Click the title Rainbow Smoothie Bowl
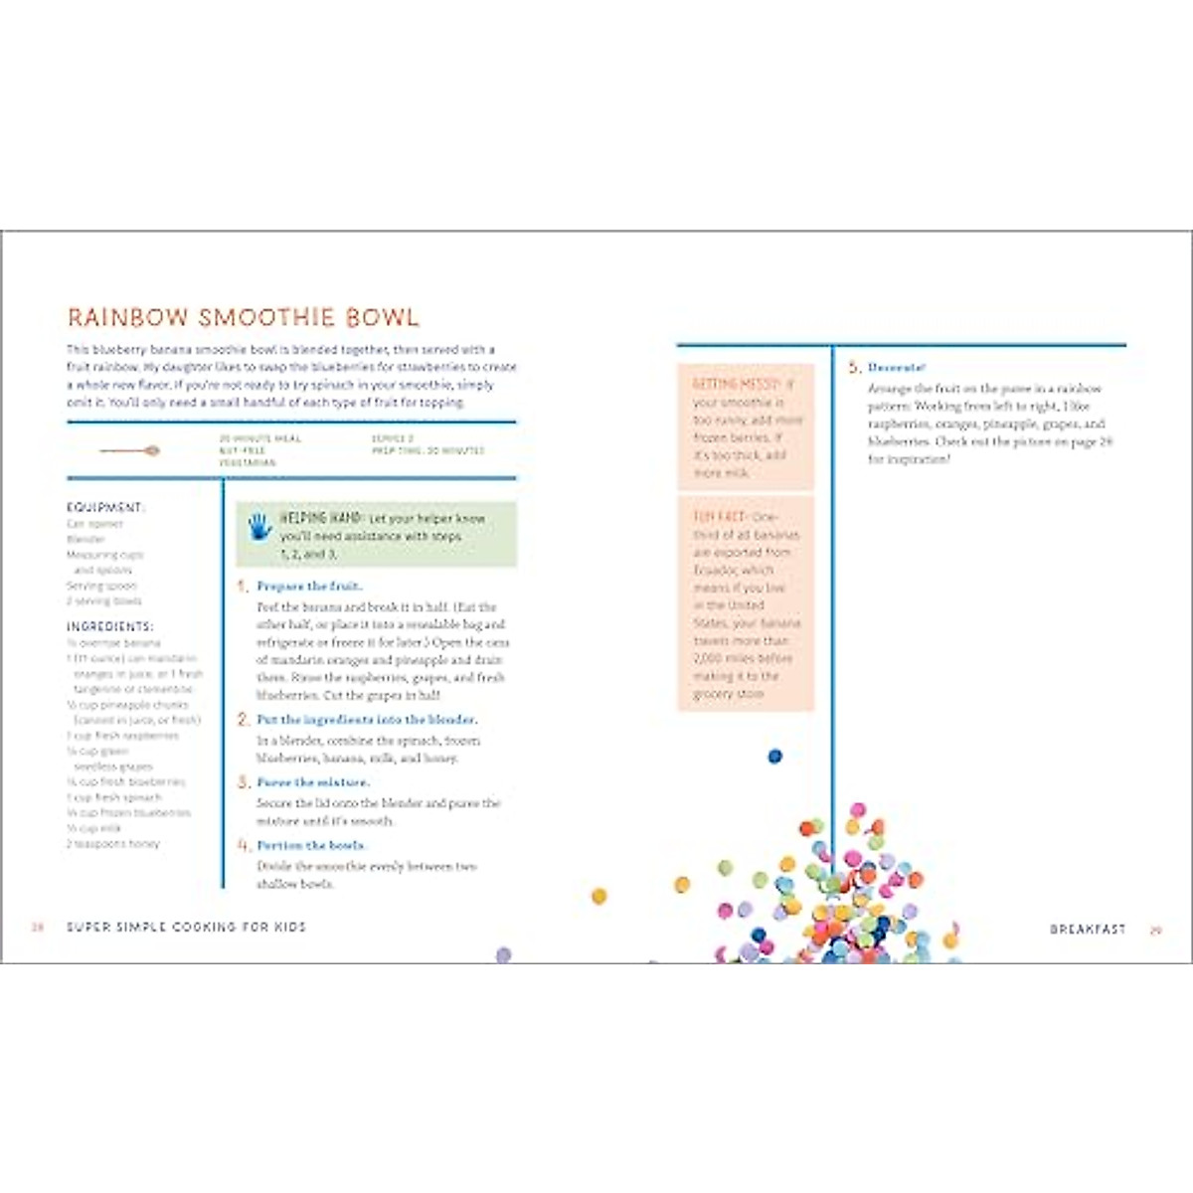(x=243, y=317)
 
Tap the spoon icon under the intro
(x=129, y=451)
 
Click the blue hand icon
(x=259, y=526)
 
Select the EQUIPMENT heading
(x=105, y=507)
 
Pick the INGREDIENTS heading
(x=110, y=626)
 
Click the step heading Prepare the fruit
(x=309, y=587)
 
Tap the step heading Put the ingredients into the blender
(x=366, y=719)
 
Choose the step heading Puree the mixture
(x=312, y=782)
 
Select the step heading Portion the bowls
(x=311, y=845)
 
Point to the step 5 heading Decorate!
(x=897, y=368)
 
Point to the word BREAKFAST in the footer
(x=1088, y=930)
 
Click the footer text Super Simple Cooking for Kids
(x=186, y=927)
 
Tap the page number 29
(x=1156, y=931)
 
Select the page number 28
(x=39, y=927)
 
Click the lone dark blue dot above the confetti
(x=774, y=757)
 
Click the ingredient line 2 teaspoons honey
(x=113, y=843)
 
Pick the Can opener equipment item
(x=95, y=524)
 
